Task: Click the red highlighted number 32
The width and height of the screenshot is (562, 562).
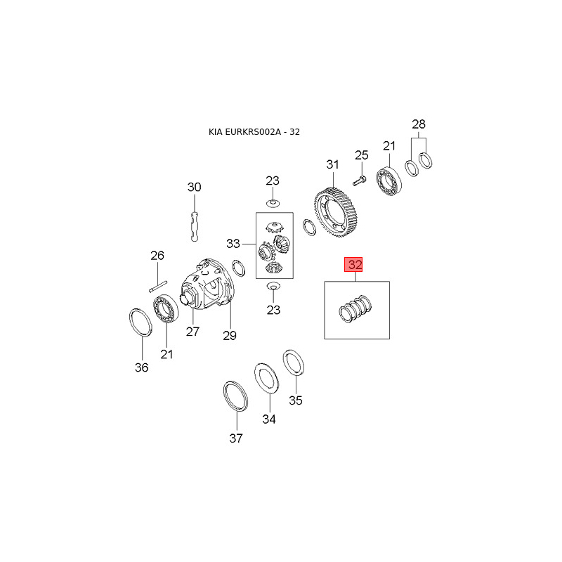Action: click(x=353, y=265)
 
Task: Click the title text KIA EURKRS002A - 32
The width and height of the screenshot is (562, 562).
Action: click(x=254, y=132)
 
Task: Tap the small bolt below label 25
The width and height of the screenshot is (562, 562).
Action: click(x=359, y=181)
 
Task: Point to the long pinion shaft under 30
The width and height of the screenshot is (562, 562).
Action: click(x=195, y=226)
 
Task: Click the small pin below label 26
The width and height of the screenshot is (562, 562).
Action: click(x=158, y=287)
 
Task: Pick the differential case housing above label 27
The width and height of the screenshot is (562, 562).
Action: click(x=206, y=284)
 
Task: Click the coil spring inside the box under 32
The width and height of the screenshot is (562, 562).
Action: click(x=355, y=308)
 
